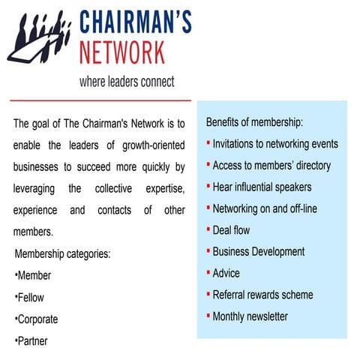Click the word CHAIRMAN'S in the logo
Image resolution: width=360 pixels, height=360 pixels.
click(136, 22)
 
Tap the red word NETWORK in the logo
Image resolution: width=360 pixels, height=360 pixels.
click(122, 52)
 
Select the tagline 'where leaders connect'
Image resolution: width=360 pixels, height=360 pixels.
click(127, 82)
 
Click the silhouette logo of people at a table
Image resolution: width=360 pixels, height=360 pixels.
click(40, 37)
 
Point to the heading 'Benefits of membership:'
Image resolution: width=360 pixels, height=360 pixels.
click(254, 122)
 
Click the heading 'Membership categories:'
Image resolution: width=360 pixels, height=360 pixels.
click(62, 253)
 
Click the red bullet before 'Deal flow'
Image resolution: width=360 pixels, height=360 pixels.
click(208, 229)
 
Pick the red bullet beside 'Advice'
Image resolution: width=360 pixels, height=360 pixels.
click(208, 272)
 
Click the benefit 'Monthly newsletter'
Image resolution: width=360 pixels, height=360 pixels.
click(250, 316)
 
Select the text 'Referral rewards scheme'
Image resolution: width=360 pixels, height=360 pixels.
click(262, 295)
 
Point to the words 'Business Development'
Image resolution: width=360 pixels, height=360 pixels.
click(259, 252)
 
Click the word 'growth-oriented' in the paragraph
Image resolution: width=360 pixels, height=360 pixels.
click(154, 145)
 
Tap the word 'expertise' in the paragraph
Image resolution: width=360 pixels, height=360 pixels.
click(165, 189)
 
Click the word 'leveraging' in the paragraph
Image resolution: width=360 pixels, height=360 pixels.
click(34, 189)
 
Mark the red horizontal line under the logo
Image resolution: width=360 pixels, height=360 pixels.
click(100, 100)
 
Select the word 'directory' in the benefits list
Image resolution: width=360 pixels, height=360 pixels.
click(313, 166)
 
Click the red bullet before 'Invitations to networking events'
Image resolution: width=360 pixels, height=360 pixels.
click(208, 142)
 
